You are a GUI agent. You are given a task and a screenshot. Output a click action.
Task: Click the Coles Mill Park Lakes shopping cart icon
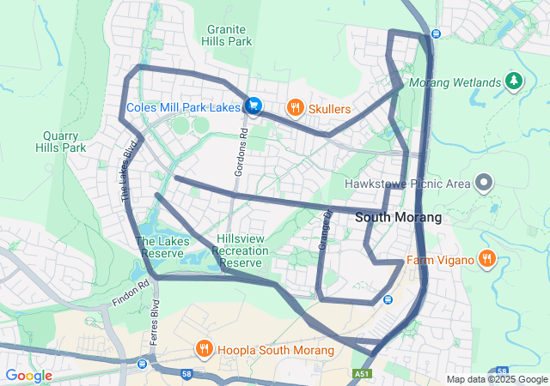[x=253, y=106]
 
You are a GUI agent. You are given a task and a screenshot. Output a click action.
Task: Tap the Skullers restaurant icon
[x=296, y=108]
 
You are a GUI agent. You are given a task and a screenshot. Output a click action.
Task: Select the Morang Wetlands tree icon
[x=514, y=81]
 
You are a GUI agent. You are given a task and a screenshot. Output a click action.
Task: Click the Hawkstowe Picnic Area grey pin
[x=484, y=182]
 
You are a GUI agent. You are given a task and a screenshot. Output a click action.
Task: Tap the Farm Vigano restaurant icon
[x=486, y=258]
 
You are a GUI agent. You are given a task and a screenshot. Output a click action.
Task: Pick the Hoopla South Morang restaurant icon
[x=205, y=349]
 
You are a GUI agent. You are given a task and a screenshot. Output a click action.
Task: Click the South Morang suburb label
[x=399, y=218]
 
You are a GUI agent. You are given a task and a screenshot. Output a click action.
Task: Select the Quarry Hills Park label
[x=61, y=142]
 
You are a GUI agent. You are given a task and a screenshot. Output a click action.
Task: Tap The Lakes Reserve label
[x=160, y=248]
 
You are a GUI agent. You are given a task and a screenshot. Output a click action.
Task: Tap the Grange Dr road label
[x=325, y=230]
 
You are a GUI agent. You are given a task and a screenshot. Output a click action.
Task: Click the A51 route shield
[x=363, y=374]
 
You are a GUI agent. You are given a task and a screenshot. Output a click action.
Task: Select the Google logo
[x=28, y=375]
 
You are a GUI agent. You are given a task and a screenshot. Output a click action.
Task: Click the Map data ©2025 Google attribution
[x=496, y=379]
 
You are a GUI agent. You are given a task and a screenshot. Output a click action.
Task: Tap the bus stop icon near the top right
[x=436, y=33]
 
